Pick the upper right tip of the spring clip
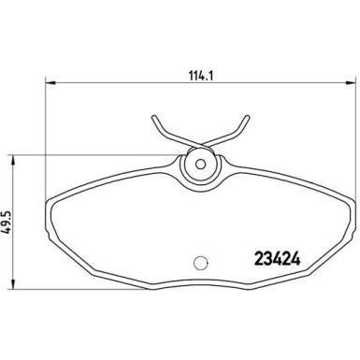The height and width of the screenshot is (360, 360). coord(247,117)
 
